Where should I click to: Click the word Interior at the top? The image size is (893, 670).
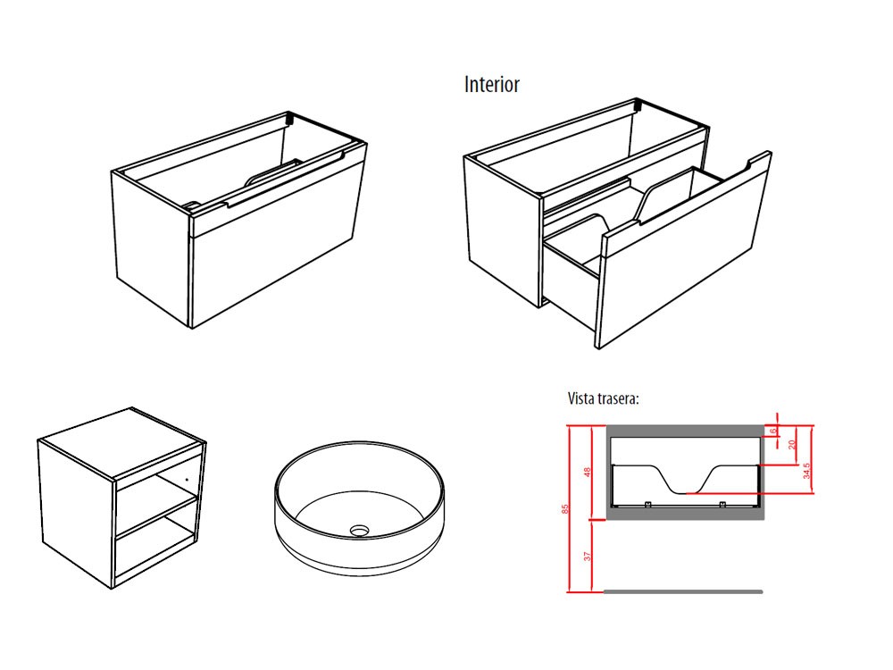click(x=491, y=85)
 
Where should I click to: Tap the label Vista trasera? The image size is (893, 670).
click(x=603, y=398)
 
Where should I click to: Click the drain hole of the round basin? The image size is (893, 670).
click(x=360, y=530)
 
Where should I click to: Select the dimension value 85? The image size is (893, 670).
click(x=564, y=508)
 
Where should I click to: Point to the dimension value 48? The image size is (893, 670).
click(x=588, y=472)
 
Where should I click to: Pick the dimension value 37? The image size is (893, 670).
click(x=588, y=556)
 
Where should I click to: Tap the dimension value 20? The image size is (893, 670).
click(x=791, y=445)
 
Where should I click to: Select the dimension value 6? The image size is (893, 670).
click(x=774, y=431)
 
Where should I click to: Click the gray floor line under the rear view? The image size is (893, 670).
click(x=683, y=591)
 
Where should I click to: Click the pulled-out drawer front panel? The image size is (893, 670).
click(x=683, y=259)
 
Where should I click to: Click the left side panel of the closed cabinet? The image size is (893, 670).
click(x=152, y=246)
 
